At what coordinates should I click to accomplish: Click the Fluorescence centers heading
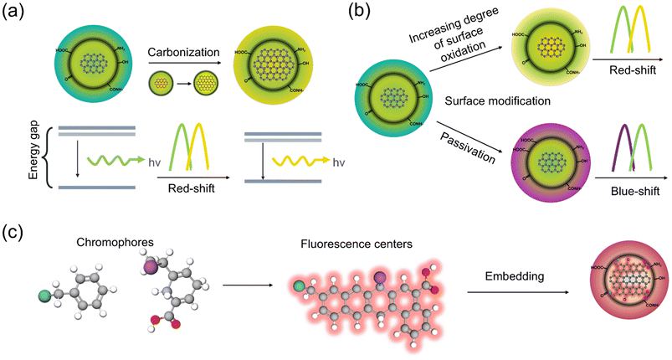(x=351, y=244)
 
